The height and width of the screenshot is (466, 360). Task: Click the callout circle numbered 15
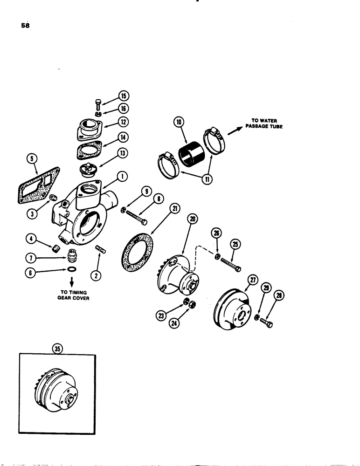point(123,96)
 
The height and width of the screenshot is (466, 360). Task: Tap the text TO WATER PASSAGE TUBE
point(263,123)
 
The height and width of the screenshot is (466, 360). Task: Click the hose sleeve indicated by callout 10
point(190,153)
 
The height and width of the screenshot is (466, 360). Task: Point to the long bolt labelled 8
point(134,217)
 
